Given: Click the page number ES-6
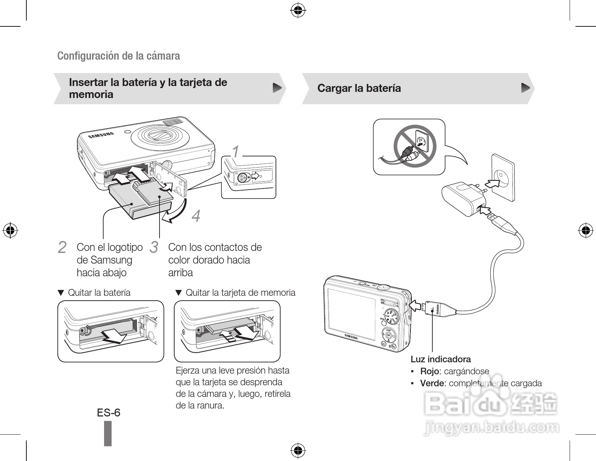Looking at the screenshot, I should [x=109, y=412].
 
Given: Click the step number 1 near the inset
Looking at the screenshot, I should [x=236, y=151].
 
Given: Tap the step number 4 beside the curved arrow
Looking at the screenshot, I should [x=196, y=216].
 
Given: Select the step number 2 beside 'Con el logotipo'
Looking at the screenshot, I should [x=62, y=247].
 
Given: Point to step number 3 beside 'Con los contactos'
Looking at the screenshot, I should [x=154, y=247].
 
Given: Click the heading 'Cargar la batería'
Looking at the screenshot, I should [x=359, y=88].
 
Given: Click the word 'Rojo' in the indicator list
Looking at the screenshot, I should [x=429, y=371].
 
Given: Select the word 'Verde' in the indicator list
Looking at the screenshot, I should [x=432, y=383].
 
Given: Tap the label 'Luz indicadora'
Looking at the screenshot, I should [x=441, y=359].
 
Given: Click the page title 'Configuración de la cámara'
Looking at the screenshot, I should [x=118, y=56].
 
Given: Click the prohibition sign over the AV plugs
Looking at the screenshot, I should [x=415, y=146].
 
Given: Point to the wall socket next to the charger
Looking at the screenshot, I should [x=503, y=178].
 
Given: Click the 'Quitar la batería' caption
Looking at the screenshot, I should [x=99, y=292].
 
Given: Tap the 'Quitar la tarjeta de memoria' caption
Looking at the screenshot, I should [x=240, y=292].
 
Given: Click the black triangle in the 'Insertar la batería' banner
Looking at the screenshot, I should [x=277, y=88].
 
